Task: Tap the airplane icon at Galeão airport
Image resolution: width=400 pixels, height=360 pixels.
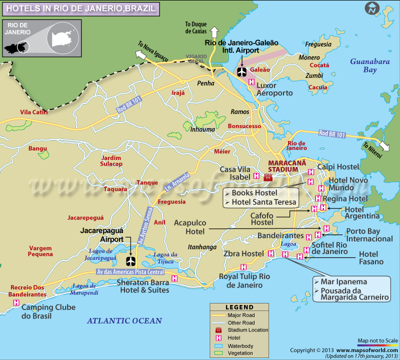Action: (x=242, y=72)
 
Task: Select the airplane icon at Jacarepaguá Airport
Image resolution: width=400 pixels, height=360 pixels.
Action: (x=131, y=261)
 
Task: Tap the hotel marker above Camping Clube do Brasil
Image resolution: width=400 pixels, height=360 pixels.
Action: (x=16, y=302)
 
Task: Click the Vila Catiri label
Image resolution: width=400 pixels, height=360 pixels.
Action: (x=34, y=112)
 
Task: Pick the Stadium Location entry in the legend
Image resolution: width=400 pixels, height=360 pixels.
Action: (x=241, y=330)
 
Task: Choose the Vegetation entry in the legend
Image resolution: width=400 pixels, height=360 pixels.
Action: (x=241, y=352)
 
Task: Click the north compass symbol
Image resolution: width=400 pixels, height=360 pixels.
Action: (x=372, y=8)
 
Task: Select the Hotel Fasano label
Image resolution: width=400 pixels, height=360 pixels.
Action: (x=371, y=257)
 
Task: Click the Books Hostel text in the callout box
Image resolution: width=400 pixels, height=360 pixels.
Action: (x=252, y=193)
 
